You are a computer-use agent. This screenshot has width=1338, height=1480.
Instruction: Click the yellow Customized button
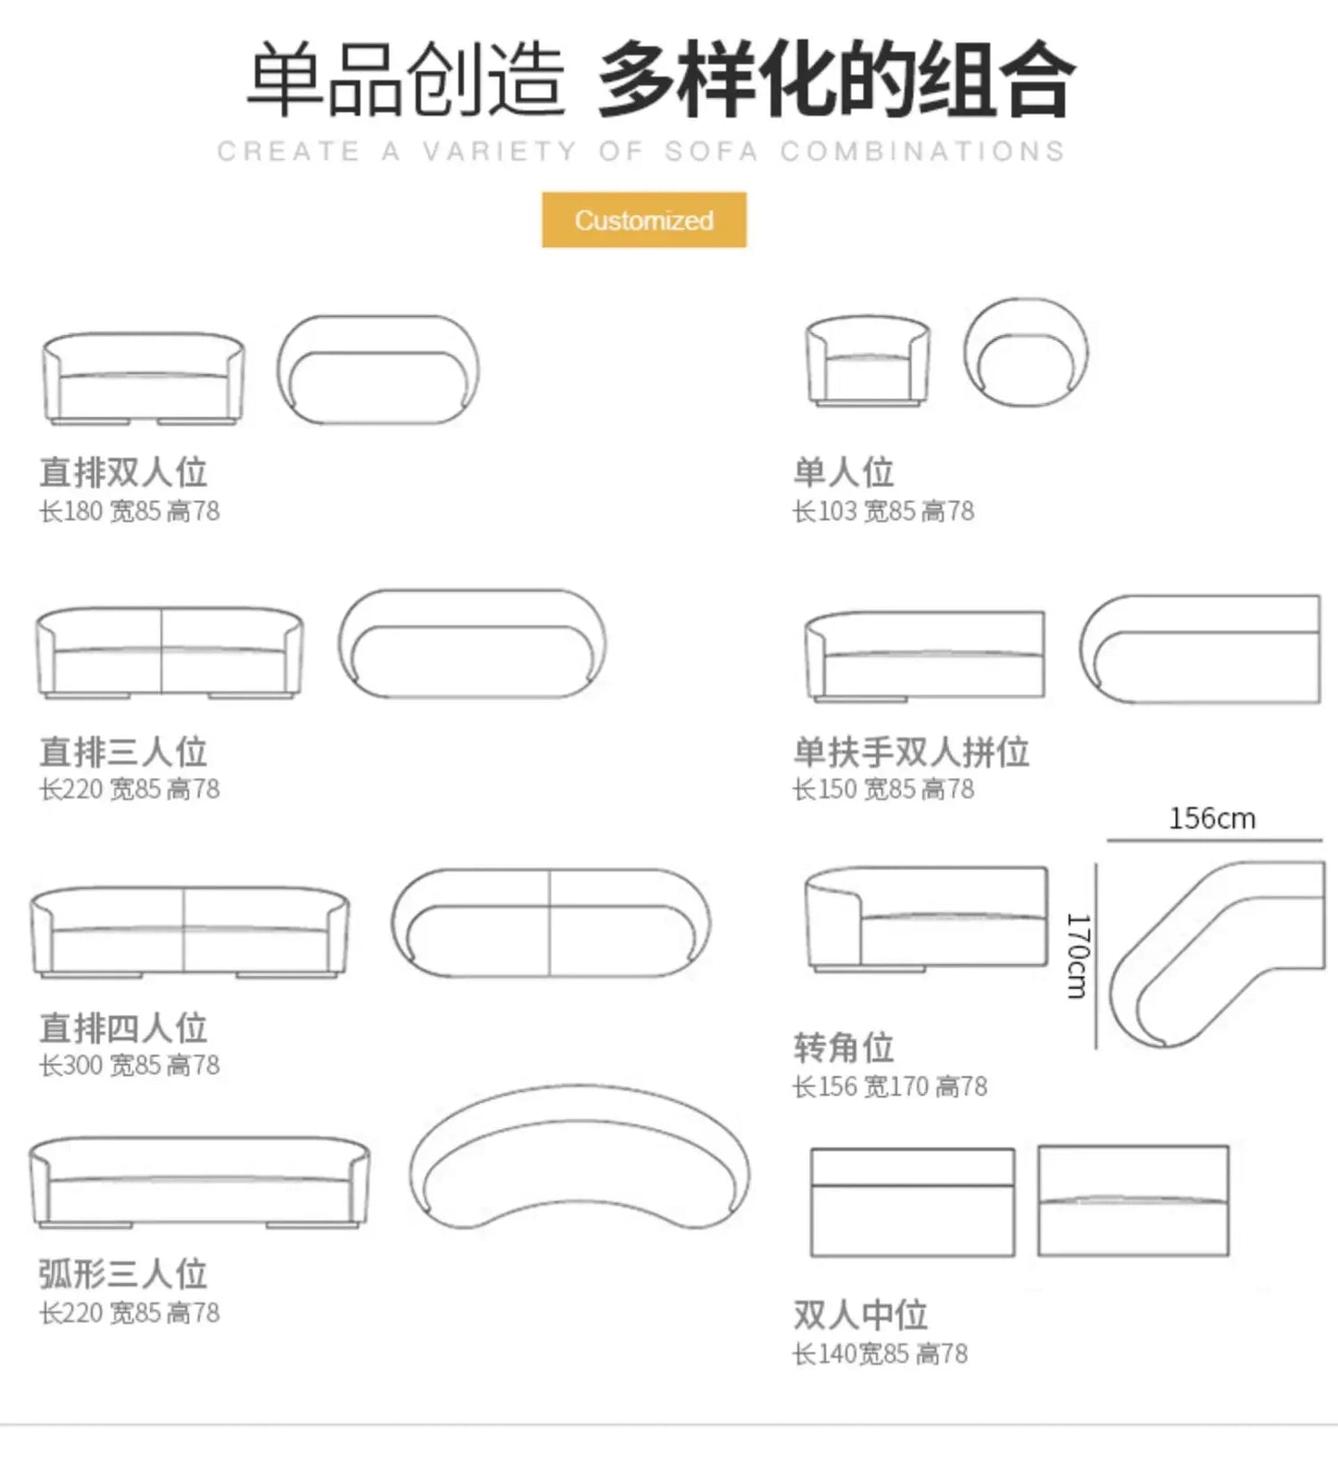pos(644,219)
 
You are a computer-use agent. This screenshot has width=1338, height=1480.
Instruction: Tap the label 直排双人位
pos(122,472)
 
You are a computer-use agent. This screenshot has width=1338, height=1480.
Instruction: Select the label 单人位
pos(843,472)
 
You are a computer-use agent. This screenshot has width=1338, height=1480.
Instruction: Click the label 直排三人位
pos(122,752)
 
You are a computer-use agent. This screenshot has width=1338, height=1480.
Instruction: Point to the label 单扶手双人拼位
pos(911,752)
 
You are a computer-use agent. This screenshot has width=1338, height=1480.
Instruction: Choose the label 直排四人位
pos(122,1028)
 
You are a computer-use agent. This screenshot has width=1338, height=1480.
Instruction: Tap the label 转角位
pos(843,1047)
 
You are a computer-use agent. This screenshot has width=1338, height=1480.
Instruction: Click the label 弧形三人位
pos(122,1274)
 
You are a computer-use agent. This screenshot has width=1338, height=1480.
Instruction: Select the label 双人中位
pos(859,1315)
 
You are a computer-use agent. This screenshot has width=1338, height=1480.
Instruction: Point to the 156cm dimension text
pos(1211,819)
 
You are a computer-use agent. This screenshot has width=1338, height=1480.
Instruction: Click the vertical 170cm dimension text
pos(1078,956)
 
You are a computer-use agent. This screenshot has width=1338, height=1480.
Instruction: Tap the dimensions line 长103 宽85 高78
pos(882,511)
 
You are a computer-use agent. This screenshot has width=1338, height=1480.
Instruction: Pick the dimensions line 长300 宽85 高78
pos(129,1065)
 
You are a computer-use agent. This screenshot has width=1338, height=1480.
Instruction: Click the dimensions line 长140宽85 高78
pos(879,1354)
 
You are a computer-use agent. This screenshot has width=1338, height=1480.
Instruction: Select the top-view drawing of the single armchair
pos(1025,352)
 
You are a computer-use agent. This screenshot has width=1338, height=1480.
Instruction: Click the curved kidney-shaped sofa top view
pos(580,1158)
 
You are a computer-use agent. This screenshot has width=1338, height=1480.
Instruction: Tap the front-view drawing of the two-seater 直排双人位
pos(144,378)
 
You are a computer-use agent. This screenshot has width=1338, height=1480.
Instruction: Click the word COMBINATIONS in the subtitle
pos(921,151)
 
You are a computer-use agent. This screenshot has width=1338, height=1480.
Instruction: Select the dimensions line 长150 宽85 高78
pos(882,789)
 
